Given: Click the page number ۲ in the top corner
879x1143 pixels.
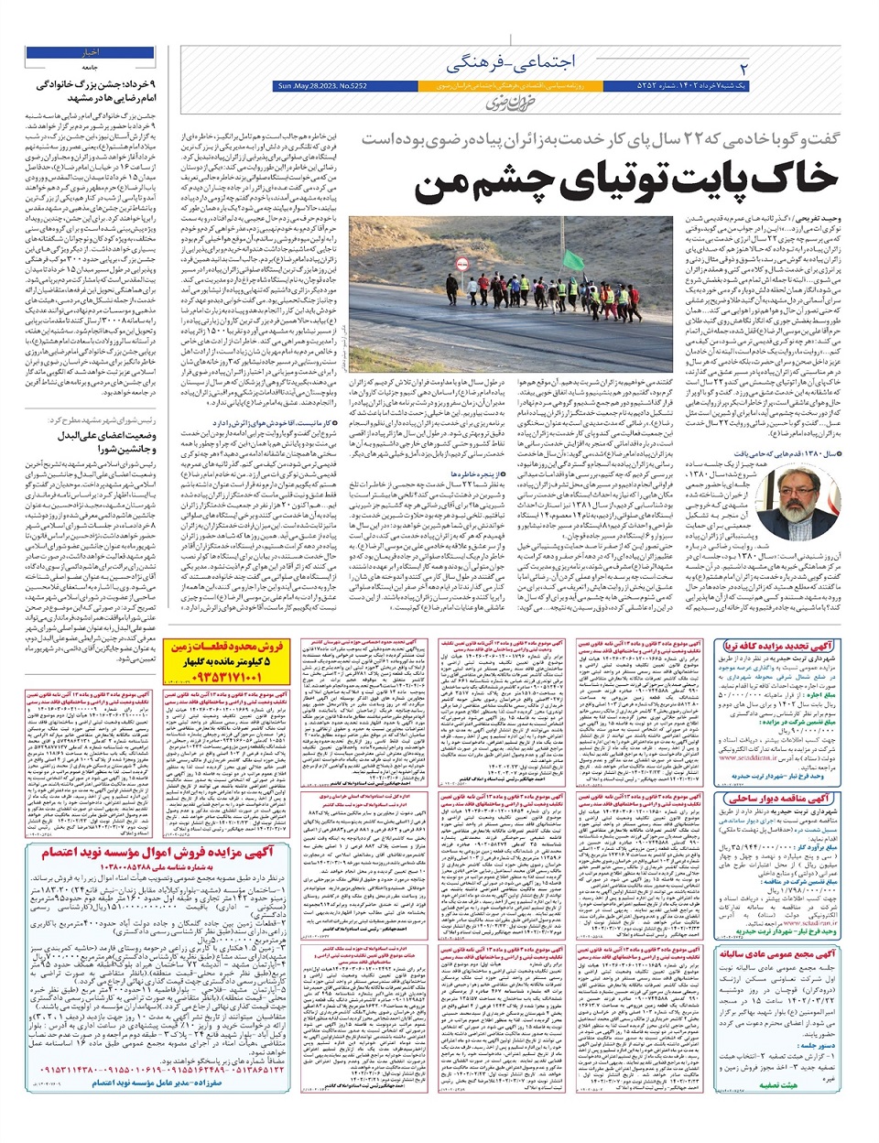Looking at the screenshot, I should pyautogui.click(x=743, y=69).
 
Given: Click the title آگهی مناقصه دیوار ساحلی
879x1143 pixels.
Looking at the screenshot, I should pyautogui.click(x=776, y=799).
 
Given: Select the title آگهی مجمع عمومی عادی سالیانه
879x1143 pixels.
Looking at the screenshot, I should pyautogui.click(x=776, y=954).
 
